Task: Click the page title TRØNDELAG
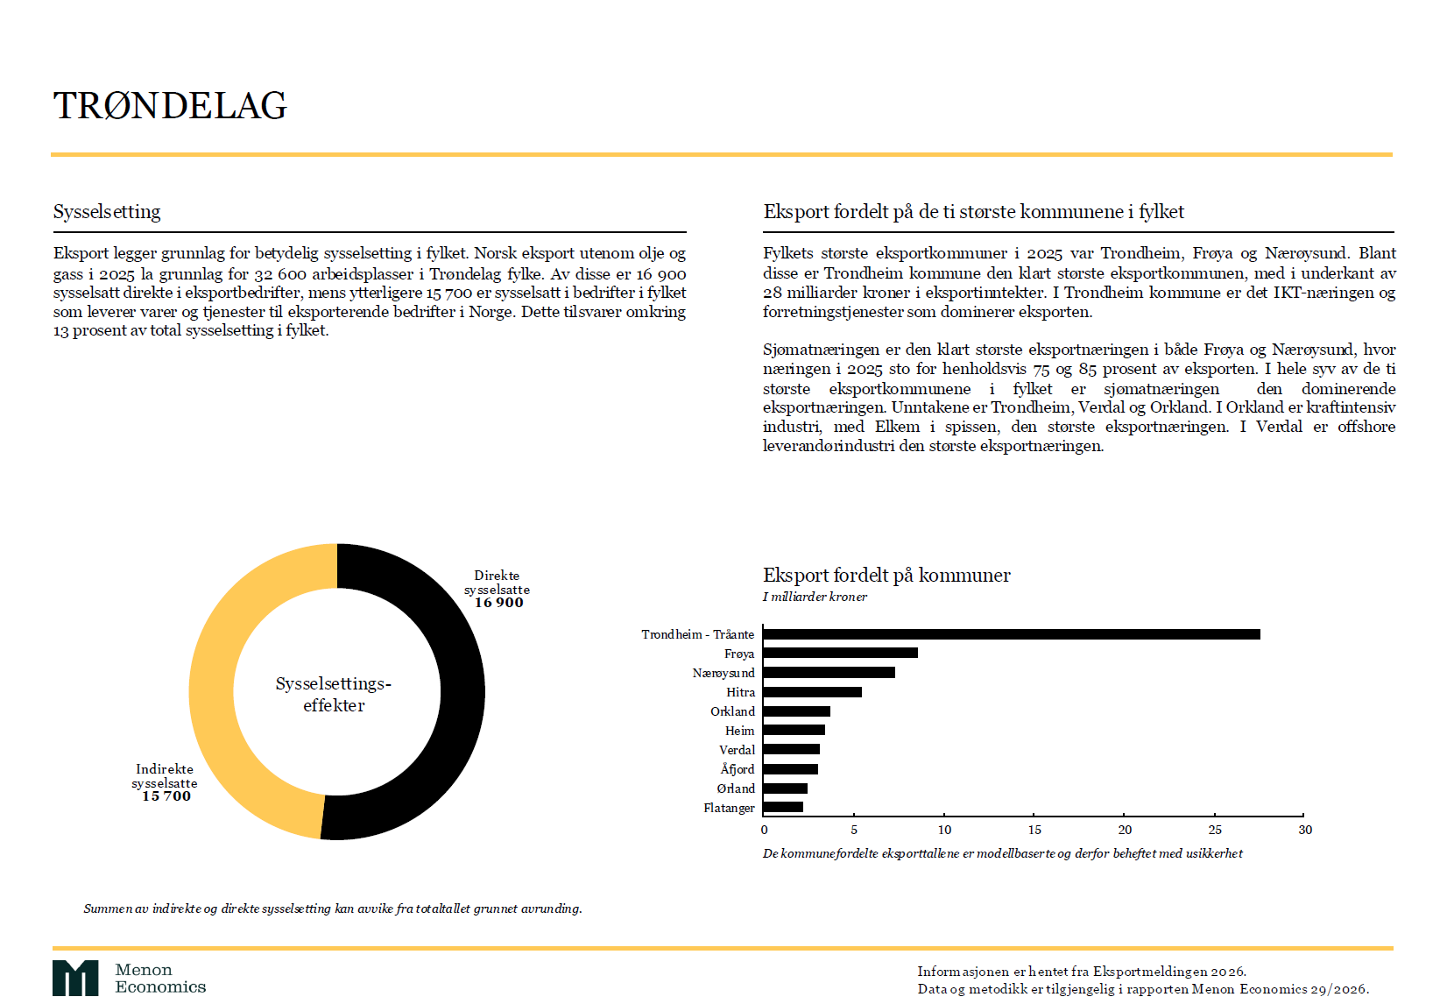click(170, 106)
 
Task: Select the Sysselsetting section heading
click(107, 212)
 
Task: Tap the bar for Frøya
click(840, 653)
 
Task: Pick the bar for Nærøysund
click(829, 673)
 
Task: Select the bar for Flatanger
click(783, 807)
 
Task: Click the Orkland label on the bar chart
click(732, 711)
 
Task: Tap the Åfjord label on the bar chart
click(737, 769)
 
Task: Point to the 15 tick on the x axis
click(1034, 830)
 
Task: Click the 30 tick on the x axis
click(1305, 830)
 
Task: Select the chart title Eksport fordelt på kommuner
click(886, 576)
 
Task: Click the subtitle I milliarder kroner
click(815, 597)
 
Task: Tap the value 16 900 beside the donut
click(499, 603)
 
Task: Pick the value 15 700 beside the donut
click(166, 796)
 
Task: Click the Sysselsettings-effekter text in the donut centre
click(334, 694)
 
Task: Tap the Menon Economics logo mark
click(75, 978)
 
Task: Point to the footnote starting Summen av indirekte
click(333, 909)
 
